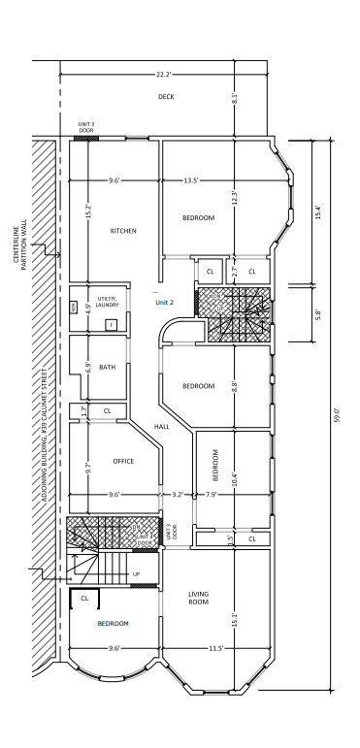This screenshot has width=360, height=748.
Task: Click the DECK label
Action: click(165, 97)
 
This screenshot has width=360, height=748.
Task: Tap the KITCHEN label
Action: click(123, 231)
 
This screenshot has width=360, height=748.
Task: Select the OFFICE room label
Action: click(123, 461)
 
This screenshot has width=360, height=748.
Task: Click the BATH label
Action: click(107, 368)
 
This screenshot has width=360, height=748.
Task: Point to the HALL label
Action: click(161, 426)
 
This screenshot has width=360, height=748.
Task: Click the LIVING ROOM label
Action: click(198, 599)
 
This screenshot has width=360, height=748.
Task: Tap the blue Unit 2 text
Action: click(164, 302)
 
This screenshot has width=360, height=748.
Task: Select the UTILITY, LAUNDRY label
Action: click(107, 302)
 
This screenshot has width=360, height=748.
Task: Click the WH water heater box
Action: click(73, 308)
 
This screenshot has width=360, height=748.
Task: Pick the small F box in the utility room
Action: click(111, 323)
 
